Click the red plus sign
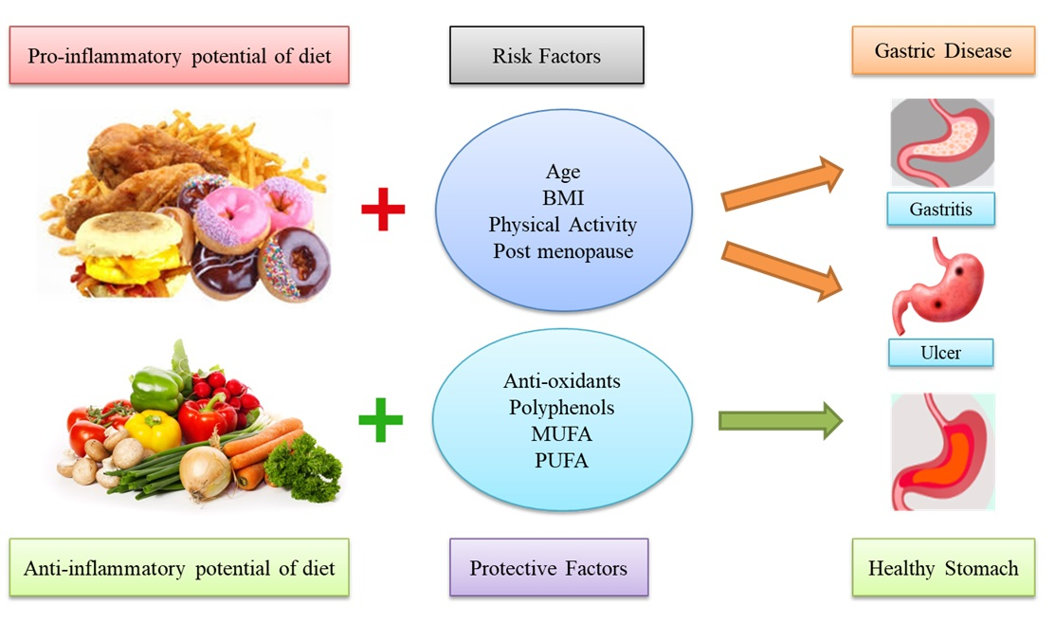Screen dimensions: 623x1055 click(383, 211)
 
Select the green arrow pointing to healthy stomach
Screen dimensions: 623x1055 click(780, 420)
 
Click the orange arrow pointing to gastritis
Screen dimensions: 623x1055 click(783, 184)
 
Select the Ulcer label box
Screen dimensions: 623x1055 click(940, 353)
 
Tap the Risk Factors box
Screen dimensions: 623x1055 click(546, 56)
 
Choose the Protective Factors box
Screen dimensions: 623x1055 click(548, 568)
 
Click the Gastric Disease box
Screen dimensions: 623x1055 click(943, 50)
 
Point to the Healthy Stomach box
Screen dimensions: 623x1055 click(943, 568)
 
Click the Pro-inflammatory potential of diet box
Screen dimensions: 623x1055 click(179, 56)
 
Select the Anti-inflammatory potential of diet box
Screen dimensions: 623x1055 click(179, 568)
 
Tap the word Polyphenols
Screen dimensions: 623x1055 click(560, 408)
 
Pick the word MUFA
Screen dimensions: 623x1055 click(560, 434)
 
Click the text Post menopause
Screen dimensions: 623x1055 click(562, 251)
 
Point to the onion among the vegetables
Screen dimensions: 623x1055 click(205, 471)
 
